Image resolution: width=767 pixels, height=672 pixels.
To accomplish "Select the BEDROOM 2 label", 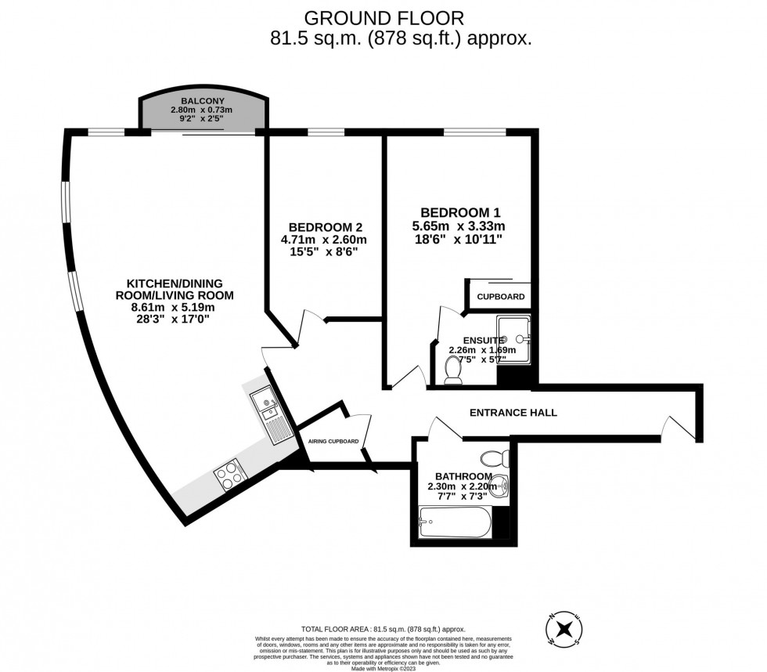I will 319,227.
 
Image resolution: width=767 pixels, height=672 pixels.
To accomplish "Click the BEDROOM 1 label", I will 460,212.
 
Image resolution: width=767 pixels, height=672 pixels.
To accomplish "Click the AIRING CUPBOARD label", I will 333,442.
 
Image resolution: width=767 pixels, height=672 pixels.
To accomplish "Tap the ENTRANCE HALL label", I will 513,413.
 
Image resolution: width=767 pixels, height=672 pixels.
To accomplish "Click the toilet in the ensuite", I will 452,370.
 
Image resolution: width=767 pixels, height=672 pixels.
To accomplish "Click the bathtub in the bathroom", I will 455,522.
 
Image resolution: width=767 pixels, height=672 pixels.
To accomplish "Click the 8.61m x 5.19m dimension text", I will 172,308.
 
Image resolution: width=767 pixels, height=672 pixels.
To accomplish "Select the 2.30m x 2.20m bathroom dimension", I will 462,486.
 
